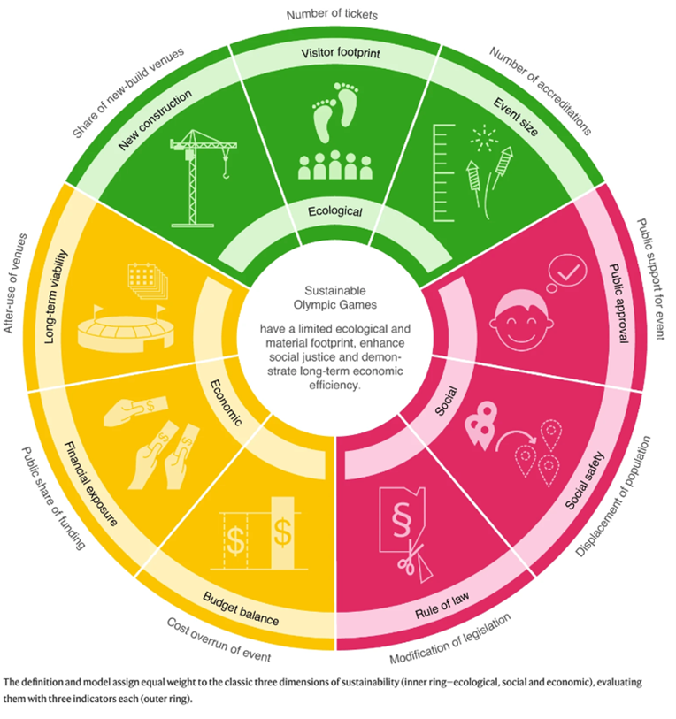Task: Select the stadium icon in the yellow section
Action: click(123, 325)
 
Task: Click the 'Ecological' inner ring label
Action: click(335, 211)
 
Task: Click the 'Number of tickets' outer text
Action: click(334, 14)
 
